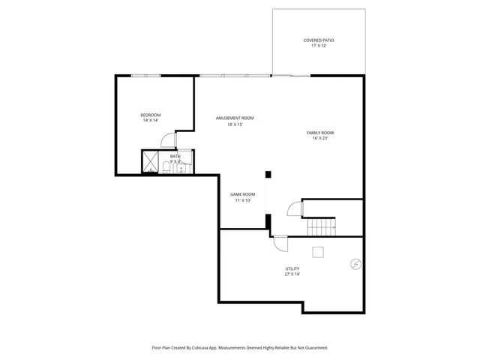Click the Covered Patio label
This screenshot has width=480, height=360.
[319, 40]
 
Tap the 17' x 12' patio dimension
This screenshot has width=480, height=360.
[319, 46]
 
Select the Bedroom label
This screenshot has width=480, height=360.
[151, 115]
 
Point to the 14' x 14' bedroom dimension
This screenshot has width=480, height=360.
[151, 121]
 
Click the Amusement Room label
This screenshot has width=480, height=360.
[235, 118]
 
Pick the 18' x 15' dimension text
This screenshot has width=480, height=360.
[235, 124]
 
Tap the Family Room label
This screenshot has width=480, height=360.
[319, 133]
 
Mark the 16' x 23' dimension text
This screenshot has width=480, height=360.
[319, 139]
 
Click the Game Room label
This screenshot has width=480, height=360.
[242, 194]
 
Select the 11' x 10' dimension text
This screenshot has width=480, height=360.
[242, 200]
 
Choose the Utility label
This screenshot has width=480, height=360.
[292, 268]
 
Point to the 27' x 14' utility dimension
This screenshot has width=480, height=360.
[292, 274]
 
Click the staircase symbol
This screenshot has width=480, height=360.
[320, 226]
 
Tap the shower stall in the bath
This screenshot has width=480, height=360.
[151, 162]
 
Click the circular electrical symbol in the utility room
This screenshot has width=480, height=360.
[355, 264]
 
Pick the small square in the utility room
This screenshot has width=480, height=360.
[318, 252]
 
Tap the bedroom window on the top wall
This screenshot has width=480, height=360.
[145, 75]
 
